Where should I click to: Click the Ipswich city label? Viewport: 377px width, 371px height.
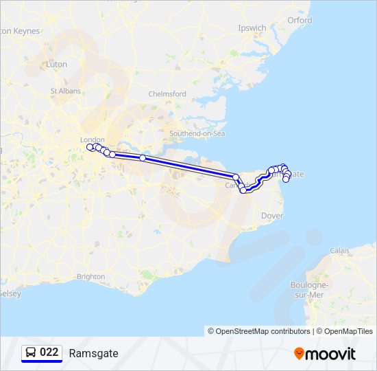(252, 28)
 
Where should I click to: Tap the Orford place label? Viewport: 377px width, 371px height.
(300, 21)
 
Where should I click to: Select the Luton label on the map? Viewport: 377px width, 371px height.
(56, 64)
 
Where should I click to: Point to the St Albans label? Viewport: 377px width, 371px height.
(65, 91)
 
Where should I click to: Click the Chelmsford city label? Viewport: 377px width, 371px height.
(167, 94)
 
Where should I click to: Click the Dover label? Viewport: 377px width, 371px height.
(272, 216)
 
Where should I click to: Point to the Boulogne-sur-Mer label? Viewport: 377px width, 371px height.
(308, 289)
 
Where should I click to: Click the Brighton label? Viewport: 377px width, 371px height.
(91, 276)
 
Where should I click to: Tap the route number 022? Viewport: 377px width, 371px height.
(49, 352)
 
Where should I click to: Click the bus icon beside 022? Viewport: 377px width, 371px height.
(32, 352)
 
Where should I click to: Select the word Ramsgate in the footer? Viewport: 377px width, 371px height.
(93, 353)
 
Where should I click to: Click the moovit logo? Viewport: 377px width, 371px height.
(325, 353)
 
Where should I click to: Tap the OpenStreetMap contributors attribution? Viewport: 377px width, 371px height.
(259, 331)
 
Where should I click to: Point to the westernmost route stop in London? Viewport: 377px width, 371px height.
(90, 147)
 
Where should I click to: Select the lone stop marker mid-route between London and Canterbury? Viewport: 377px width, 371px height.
(143, 158)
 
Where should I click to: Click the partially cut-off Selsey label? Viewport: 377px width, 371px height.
(10, 293)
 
